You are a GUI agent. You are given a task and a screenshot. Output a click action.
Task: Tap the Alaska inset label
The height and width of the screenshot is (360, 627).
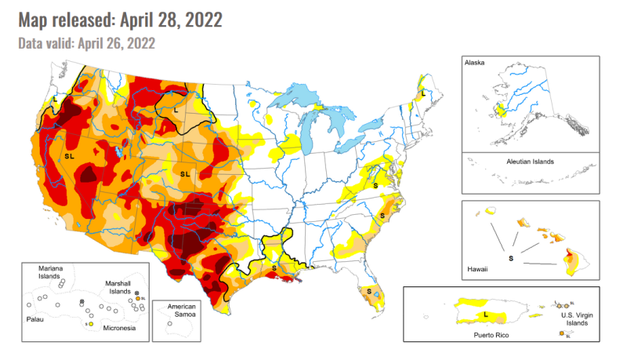[475, 62]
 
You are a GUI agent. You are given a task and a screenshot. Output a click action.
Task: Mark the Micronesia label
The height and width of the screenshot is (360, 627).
[118, 328]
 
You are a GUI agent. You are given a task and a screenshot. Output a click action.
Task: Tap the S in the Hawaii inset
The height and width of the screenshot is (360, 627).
[511, 256]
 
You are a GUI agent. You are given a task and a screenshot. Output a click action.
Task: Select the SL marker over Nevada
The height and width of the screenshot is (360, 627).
[69, 157]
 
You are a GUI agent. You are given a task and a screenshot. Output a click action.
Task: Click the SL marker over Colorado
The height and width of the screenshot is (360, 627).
[185, 173]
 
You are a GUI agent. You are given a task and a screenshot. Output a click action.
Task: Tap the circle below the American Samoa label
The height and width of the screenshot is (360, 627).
[170, 324]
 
